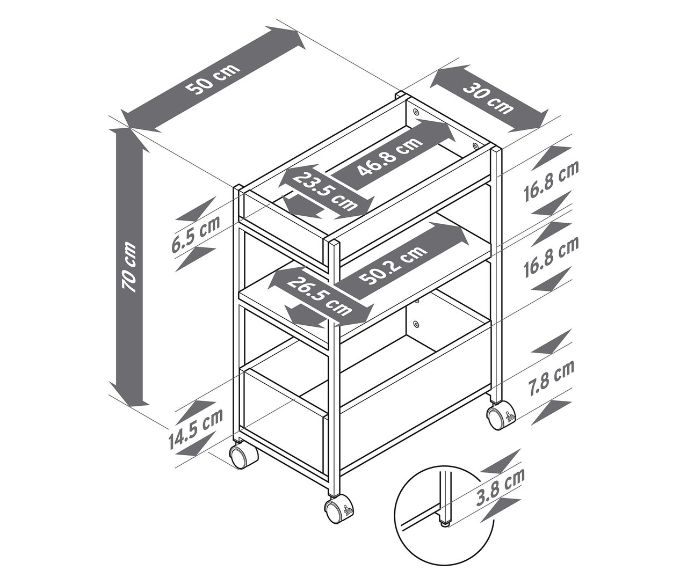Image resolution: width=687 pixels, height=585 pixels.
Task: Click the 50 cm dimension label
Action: (x=213, y=79)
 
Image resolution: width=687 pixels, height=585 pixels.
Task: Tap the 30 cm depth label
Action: (x=488, y=98)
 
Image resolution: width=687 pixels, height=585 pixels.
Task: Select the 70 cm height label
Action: (x=129, y=267)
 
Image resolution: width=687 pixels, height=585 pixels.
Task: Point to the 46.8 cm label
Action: (x=389, y=156)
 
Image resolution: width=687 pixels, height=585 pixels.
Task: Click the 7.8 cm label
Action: (x=552, y=378)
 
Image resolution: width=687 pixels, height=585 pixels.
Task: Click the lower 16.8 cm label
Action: (x=551, y=258)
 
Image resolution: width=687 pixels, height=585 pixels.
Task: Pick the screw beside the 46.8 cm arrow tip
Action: (x=475, y=145)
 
